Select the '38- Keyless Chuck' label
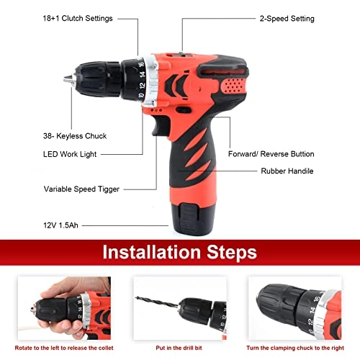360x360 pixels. [55, 134]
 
